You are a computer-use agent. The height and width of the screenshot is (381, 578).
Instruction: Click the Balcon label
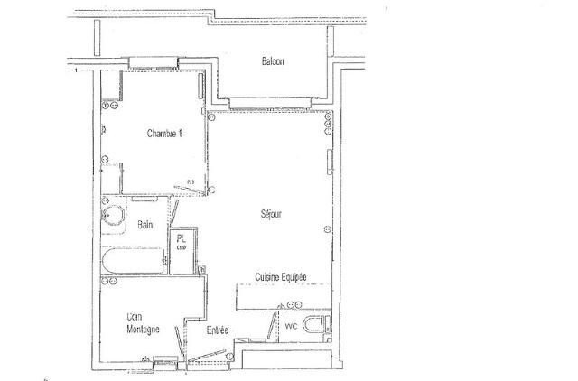tap(273, 61)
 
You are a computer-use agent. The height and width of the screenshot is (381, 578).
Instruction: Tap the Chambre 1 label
tap(164, 134)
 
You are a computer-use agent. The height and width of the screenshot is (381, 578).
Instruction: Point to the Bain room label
tap(145, 225)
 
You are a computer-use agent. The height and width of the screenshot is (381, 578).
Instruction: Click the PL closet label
tap(181, 239)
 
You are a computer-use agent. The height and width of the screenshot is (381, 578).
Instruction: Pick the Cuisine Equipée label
tap(281, 277)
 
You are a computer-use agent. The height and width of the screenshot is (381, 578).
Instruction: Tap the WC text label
tap(291, 326)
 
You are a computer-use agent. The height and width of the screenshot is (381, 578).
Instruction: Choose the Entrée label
tap(218, 331)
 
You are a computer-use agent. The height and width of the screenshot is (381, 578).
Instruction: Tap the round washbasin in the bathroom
tap(112, 218)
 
